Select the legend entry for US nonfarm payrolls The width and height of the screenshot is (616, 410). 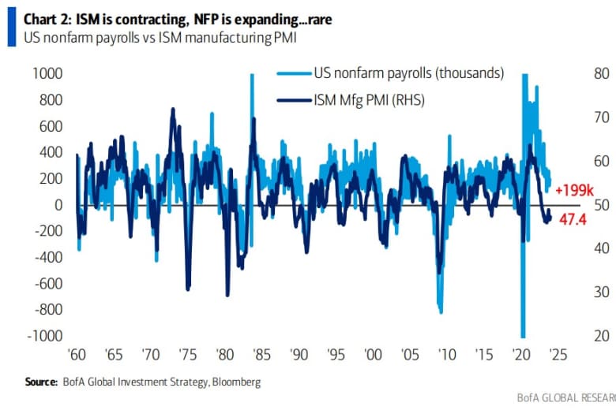pyautogui.click(x=408, y=73)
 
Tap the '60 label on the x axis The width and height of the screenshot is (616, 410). pyautogui.click(x=78, y=354)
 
